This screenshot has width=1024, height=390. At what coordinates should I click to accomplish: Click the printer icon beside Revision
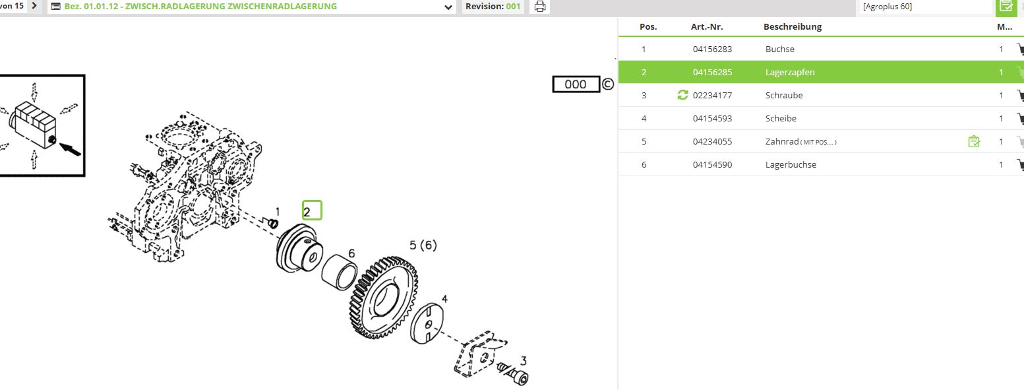tap(540, 7)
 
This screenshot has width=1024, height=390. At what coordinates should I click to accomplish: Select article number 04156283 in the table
tap(712, 49)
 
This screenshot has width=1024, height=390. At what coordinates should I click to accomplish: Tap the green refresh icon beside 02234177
tap(682, 95)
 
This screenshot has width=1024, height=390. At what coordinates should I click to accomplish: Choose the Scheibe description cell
tap(781, 118)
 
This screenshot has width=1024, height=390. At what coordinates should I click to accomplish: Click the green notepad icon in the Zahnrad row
tap(974, 141)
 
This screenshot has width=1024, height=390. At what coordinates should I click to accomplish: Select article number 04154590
tap(712, 164)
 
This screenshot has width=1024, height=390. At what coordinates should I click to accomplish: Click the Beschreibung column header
tap(793, 26)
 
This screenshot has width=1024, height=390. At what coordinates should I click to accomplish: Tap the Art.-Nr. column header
tap(707, 26)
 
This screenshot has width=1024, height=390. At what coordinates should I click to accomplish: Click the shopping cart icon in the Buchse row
tap(1020, 49)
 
